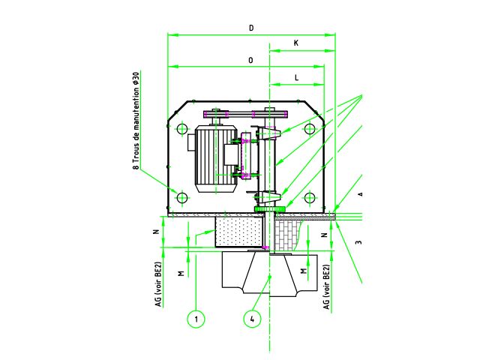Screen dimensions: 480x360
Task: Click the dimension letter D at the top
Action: [x=251, y=28]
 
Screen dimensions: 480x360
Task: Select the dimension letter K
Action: [x=296, y=43]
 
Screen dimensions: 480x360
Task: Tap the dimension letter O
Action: [x=251, y=60]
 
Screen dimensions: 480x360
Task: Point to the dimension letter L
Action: [x=297, y=78]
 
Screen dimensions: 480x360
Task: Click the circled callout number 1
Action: [x=196, y=319]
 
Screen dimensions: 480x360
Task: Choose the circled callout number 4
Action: [x=252, y=319]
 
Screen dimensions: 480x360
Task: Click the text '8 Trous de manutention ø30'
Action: [x=136, y=121]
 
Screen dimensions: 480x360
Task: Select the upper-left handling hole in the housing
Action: [x=182, y=128]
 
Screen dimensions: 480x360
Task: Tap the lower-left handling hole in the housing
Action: [x=182, y=198]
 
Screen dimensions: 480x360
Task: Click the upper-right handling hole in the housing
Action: [x=310, y=128]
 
